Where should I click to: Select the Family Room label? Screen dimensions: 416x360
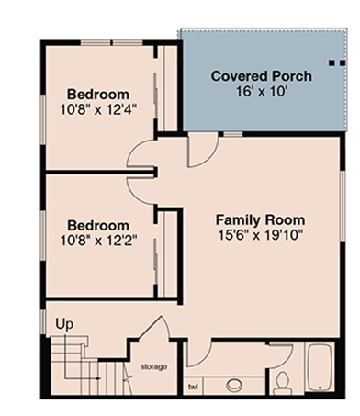point(260,219)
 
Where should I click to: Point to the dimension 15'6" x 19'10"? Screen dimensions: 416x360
point(260,236)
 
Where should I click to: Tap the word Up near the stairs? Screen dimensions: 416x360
point(65,325)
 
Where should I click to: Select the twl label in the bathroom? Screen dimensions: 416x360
point(193,387)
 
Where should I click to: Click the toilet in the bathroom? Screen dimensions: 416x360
point(283,380)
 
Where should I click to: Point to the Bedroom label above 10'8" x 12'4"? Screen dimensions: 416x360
point(97,94)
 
